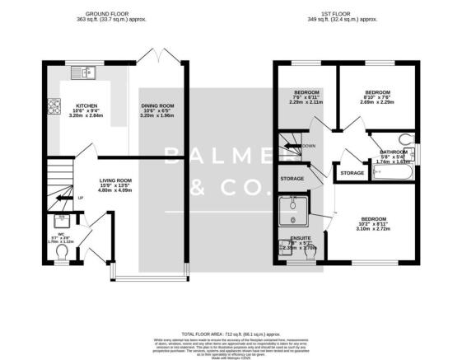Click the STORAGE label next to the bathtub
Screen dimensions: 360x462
pos(352,173)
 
